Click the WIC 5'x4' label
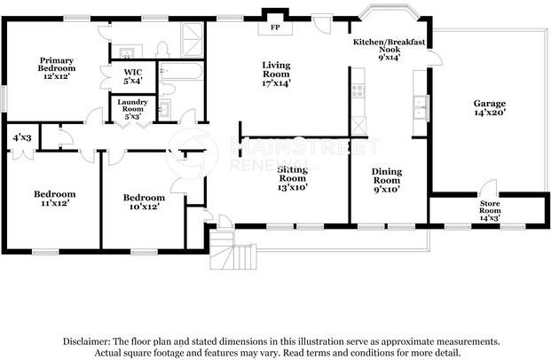click(x=133, y=75)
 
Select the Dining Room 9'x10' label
click(x=386, y=180)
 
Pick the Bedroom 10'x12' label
click(x=144, y=201)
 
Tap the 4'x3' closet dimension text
click(x=21, y=137)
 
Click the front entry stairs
click(x=232, y=254)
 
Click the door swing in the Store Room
click(x=488, y=189)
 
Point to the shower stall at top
click(x=191, y=39)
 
